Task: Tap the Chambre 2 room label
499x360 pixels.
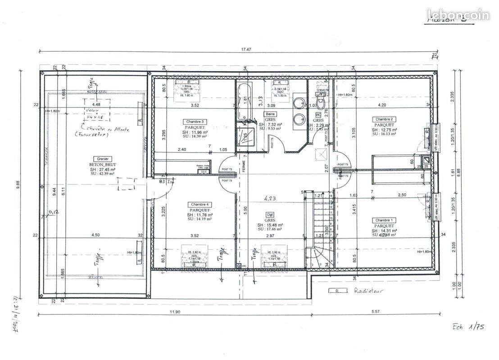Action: [x=384, y=119]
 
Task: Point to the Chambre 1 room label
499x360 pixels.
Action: [x=384, y=220]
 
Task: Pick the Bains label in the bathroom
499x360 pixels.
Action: [x=270, y=114]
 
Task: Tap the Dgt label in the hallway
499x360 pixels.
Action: [x=270, y=215]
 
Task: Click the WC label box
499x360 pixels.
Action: [x=318, y=115]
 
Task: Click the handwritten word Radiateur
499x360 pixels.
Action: [x=368, y=291]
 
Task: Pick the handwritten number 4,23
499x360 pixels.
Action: [x=270, y=197]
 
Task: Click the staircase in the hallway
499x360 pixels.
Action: [x=318, y=229]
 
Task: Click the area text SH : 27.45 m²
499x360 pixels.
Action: [x=102, y=169]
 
